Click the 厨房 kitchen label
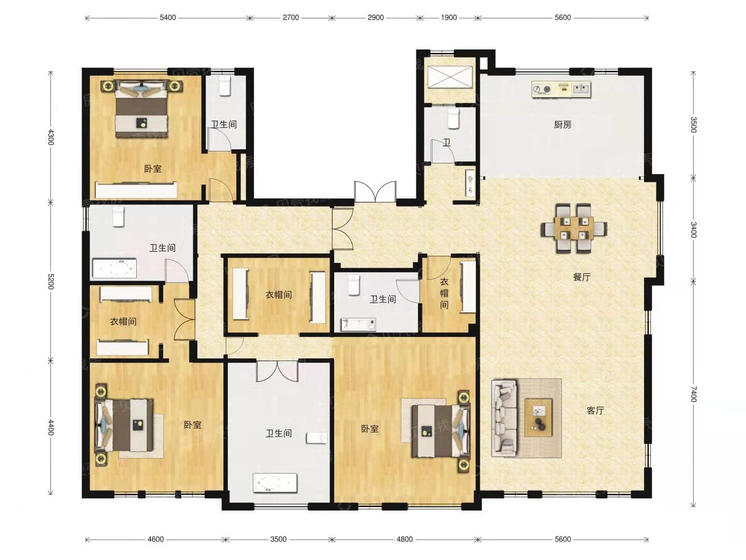click(563, 125)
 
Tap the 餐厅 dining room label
click(581, 277)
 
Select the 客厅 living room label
click(595, 411)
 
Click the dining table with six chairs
click(574, 228)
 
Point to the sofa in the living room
click(505, 418)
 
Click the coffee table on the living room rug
click(538, 417)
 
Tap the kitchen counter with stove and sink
click(561, 89)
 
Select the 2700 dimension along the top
click(291, 18)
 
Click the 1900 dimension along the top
click(449, 18)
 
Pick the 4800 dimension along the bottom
click(405, 539)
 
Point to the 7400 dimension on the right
click(694, 394)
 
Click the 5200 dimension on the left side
click(50, 281)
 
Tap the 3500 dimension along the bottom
click(278, 539)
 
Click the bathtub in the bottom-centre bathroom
click(275, 483)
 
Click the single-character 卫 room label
click(446, 143)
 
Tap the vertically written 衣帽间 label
click(444, 293)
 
